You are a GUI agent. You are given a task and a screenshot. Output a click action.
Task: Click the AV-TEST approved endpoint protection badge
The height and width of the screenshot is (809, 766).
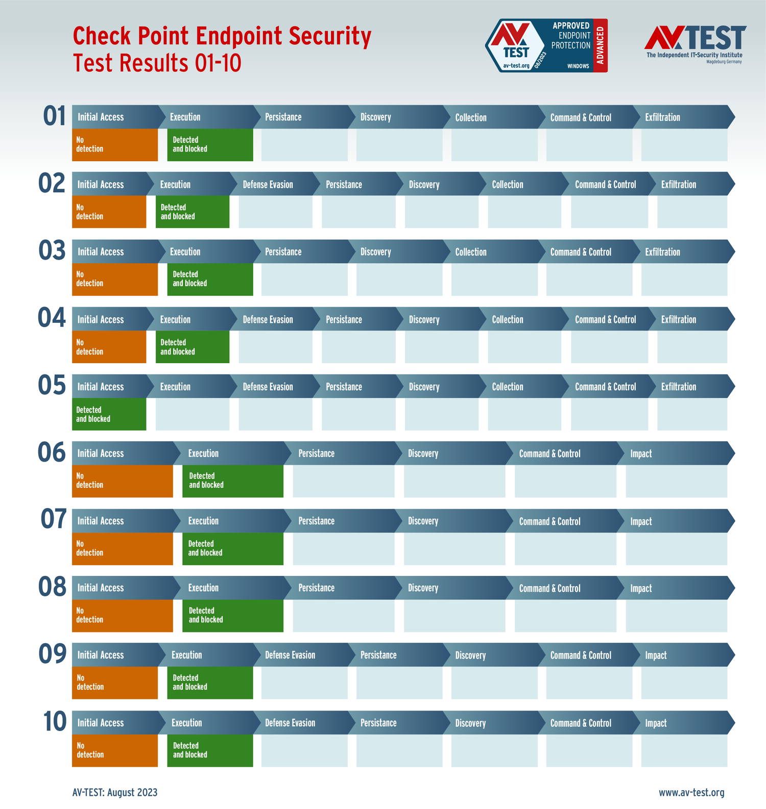point(545,45)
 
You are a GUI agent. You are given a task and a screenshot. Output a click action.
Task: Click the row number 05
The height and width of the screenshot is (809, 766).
point(52,386)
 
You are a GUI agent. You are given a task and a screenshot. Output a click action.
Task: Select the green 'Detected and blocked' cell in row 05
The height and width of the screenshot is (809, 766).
point(109,414)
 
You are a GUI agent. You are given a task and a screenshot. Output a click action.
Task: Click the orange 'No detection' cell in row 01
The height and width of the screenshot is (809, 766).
point(115,145)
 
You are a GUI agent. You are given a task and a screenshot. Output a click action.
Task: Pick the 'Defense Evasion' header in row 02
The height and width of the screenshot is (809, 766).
point(268,185)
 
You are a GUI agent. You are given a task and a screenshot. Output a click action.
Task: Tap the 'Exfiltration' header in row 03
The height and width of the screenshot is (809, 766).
point(662,252)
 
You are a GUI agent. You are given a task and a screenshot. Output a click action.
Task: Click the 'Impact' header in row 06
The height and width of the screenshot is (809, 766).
point(641,453)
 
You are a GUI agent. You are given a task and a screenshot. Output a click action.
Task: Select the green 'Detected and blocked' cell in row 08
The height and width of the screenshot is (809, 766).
point(232,616)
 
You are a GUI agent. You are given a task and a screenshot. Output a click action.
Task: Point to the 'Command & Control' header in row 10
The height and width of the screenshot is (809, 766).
point(581,723)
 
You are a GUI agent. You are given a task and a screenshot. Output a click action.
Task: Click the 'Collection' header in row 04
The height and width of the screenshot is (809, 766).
point(508,320)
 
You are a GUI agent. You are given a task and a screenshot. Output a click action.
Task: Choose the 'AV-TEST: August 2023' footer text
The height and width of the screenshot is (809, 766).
point(115,792)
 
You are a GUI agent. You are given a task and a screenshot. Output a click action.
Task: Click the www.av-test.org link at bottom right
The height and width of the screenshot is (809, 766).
point(691,792)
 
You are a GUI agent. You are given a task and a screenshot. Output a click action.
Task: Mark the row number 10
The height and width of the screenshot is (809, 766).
point(55,722)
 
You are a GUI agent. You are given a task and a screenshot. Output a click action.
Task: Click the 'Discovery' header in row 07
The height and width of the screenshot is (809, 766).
point(423,521)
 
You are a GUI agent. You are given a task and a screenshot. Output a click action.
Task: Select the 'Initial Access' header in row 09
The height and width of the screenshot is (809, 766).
point(101,655)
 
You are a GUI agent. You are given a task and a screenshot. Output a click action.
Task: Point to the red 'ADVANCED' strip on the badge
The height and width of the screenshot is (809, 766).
point(601,45)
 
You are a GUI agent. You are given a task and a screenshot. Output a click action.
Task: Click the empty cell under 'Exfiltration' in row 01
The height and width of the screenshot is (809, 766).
point(684,145)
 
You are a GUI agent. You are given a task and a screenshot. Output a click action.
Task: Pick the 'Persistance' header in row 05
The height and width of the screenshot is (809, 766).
point(344,387)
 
